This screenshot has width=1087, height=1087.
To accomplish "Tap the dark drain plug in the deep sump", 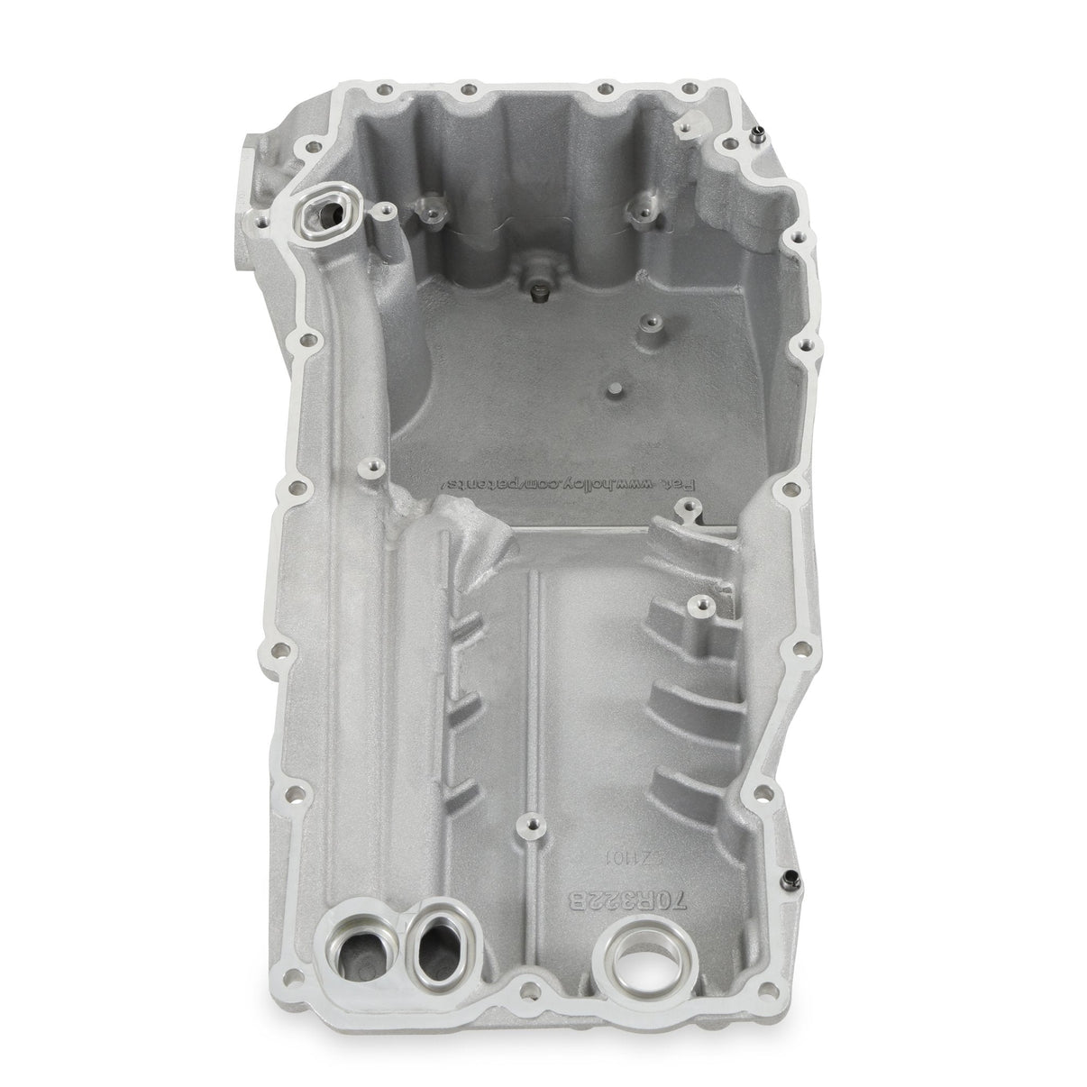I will tap(540, 290).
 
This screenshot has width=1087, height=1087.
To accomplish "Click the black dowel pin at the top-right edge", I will tap(758, 138).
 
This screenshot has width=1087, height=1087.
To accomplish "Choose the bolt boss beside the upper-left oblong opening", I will tap(385, 208).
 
